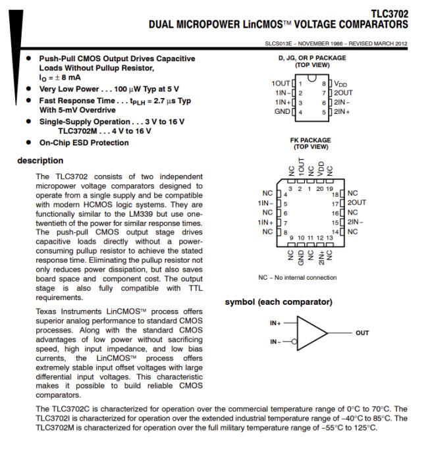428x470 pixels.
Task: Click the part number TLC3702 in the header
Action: pos(388,14)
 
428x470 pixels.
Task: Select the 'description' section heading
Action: pos(41,161)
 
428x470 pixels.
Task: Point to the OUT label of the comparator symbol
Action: pos(362,333)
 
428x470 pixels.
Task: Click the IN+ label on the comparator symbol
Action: pos(277,323)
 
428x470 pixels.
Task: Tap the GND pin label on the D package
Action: pos(282,113)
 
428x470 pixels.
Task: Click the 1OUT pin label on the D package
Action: pos(280,84)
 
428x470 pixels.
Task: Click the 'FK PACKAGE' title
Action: pos(309,140)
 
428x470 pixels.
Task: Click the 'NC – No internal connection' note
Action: pos(298,277)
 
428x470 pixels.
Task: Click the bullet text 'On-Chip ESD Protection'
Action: pos(84,143)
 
